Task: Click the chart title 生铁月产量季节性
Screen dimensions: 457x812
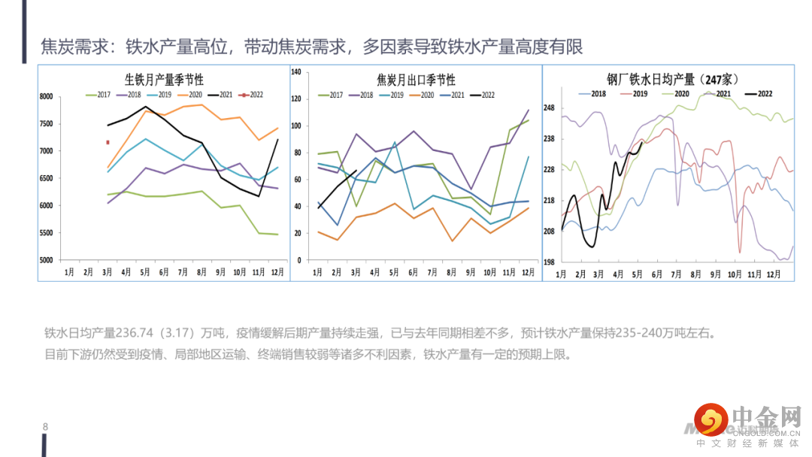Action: point(164,79)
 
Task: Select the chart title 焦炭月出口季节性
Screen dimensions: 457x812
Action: point(416,80)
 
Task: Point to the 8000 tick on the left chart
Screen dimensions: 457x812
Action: point(46,97)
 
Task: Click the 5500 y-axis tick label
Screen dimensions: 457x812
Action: point(46,233)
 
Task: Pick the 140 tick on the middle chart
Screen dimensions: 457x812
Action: point(296,72)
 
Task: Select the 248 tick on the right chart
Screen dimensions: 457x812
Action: point(549,108)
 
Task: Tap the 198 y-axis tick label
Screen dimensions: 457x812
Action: point(549,262)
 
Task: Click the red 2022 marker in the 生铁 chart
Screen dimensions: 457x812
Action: point(108,142)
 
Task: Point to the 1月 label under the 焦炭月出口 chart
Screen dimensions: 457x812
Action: point(317,271)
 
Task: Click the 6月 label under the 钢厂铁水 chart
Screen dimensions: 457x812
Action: point(657,274)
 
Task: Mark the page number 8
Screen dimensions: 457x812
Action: point(45,428)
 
